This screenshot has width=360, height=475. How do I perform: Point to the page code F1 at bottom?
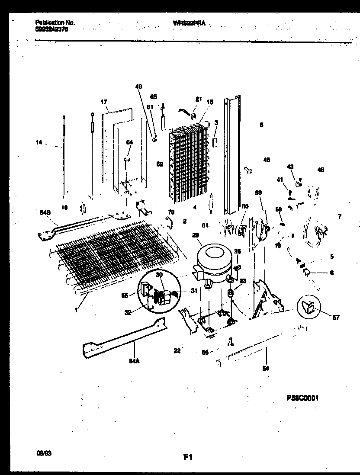tap(187, 457)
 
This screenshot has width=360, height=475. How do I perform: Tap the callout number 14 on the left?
tap(39, 141)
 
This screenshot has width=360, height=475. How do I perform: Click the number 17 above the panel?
tap(104, 102)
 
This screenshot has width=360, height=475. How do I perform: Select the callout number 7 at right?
tap(339, 216)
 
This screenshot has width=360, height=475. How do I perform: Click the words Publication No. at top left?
tap(48, 22)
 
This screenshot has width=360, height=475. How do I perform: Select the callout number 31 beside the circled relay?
tap(193, 291)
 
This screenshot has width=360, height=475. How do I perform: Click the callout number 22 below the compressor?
tap(177, 350)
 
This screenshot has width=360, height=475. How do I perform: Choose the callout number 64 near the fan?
tap(129, 142)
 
